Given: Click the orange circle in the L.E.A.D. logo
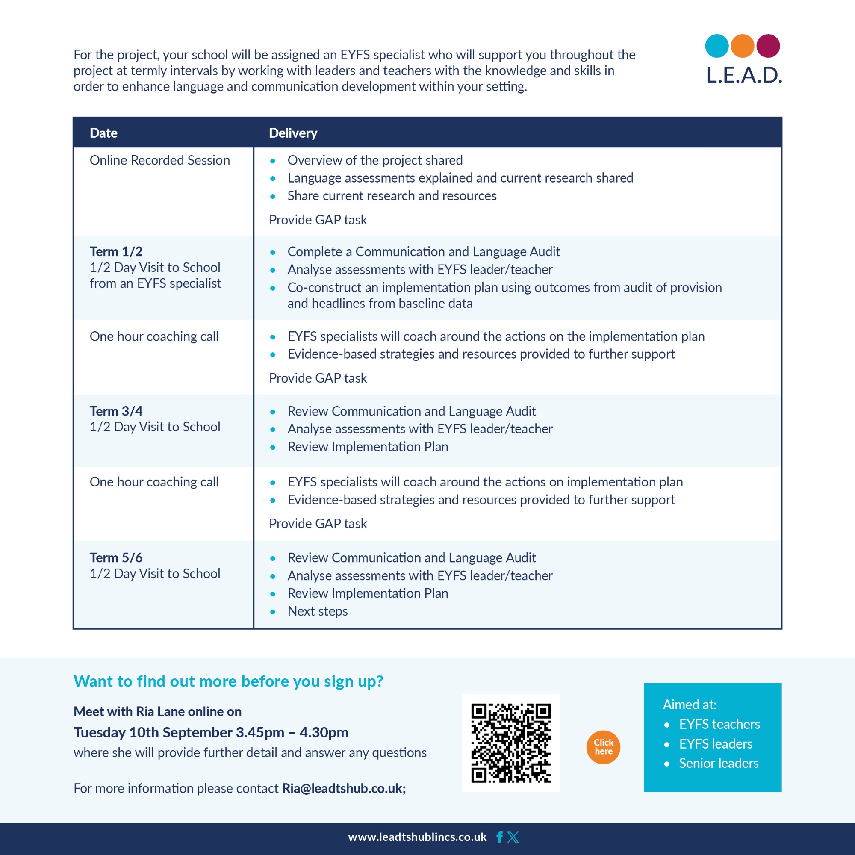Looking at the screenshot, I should (742, 46).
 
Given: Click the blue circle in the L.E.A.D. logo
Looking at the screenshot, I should (716, 46).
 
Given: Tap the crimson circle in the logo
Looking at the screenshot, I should (768, 46).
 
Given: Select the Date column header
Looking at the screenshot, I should (103, 133).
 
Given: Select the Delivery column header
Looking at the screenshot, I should (293, 133).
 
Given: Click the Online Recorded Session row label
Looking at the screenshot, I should (160, 160).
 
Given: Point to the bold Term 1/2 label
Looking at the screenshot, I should (116, 251).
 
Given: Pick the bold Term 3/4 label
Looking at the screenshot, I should (116, 411).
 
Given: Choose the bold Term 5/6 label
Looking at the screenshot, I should (116, 557).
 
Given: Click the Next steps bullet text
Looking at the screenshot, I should (317, 611).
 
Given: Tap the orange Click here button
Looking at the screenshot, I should (603, 747).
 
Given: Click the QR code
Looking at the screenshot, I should (511, 743).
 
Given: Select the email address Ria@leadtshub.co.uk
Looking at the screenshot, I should (343, 788).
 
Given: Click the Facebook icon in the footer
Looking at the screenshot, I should (500, 837).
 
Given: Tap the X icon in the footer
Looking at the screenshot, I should (513, 837).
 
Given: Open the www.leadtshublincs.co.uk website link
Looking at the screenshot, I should (417, 837).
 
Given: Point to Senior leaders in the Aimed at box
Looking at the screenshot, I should (719, 763).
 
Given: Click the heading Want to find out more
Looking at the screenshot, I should (228, 681).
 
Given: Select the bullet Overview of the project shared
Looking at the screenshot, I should (375, 160).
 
